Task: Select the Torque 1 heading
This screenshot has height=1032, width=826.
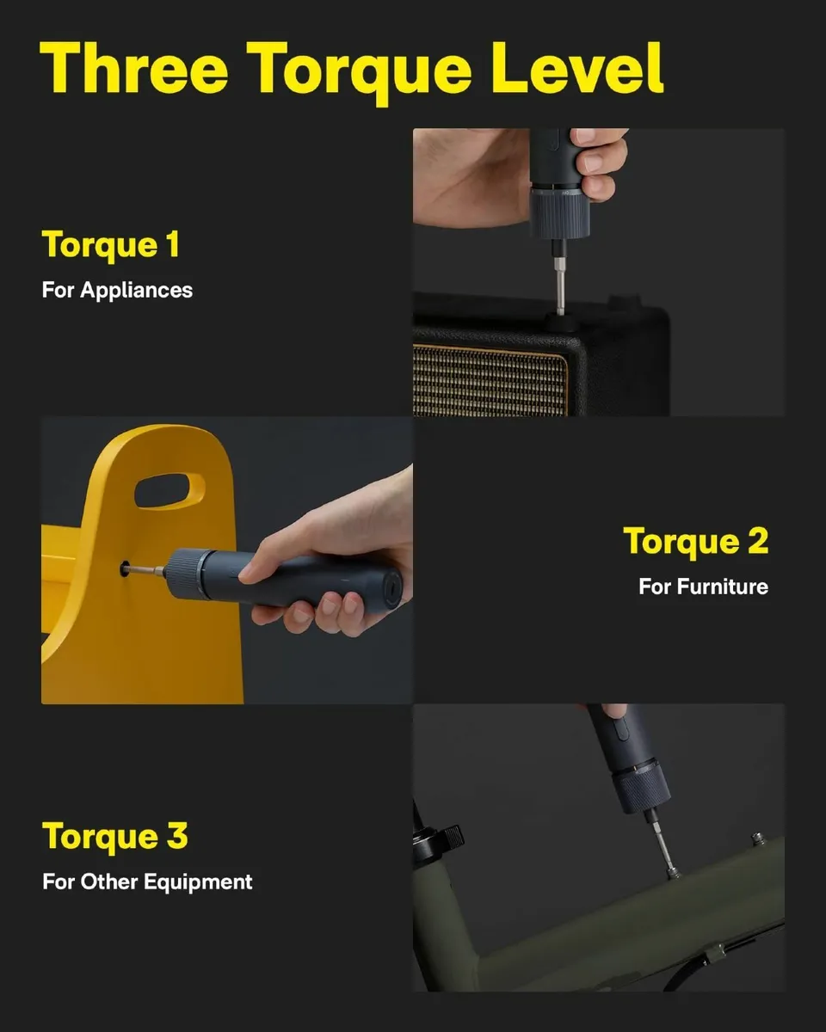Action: (111, 244)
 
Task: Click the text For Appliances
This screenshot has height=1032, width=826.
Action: (117, 290)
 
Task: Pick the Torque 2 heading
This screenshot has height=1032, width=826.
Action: (695, 541)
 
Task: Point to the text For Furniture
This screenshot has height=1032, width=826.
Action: (703, 587)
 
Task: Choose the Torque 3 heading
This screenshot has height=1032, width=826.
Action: (115, 836)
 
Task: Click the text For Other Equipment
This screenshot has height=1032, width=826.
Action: (147, 881)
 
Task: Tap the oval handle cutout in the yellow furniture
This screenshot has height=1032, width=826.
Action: (170, 488)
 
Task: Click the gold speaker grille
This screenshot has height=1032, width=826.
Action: (490, 378)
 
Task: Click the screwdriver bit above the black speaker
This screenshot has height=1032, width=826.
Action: (560, 279)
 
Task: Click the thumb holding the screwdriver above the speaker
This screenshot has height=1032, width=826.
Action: (602, 163)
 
